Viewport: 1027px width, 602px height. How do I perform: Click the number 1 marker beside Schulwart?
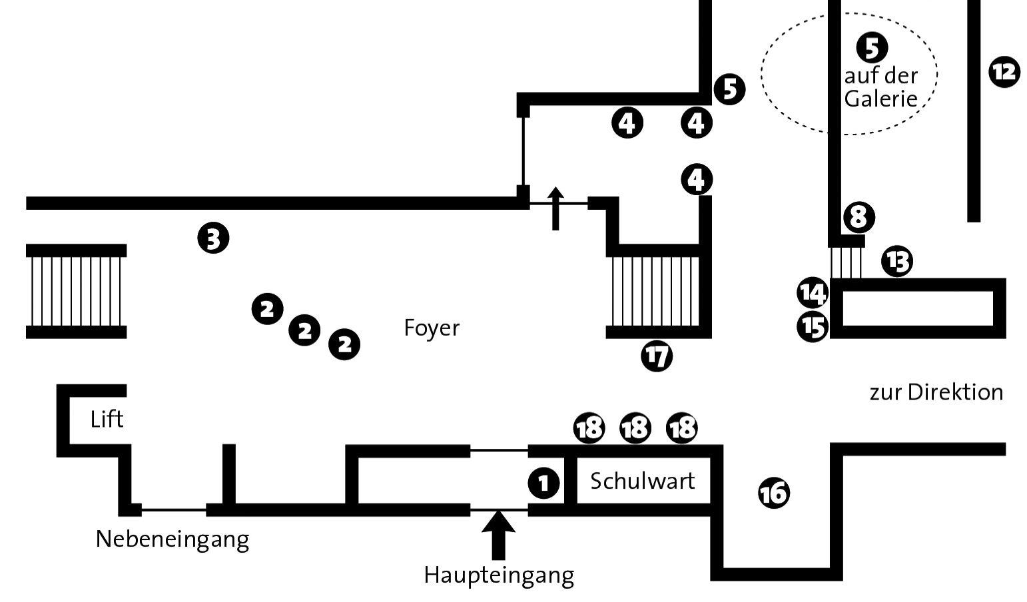pyautogui.click(x=543, y=483)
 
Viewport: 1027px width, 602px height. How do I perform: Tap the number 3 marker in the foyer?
pyautogui.click(x=213, y=238)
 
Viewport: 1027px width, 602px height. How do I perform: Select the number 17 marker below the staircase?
pyautogui.click(x=657, y=356)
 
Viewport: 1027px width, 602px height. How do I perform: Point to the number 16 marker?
pyautogui.click(x=774, y=493)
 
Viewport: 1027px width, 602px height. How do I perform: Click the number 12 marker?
pyautogui.click(x=1004, y=71)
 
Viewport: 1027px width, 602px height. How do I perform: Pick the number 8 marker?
pyautogui.click(x=858, y=216)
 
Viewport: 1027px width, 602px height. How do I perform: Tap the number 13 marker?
pyautogui.click(x=897, y=261)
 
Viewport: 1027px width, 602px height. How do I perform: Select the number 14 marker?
pyautogui.click(x=813, y=292)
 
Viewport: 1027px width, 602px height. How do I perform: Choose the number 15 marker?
pyautogui.click(x=813, y=326)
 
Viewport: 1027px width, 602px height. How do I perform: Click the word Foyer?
pyautogui.click(x=432, y=328)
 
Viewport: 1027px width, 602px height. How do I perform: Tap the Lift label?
pyautogui.click(x=107, y=420)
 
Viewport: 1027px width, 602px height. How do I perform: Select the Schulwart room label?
pyautogui.click(x=642, y=481)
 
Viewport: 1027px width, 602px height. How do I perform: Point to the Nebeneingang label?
pyautogui.click(x=172, y=538)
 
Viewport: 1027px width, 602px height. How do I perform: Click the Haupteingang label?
pyautogui.click(x=499, y=574)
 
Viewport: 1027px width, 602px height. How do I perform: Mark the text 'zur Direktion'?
pyautogui.click(x=936, y=392)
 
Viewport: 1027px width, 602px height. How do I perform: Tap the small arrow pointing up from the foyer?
pyautogui.click(x=555, y=208)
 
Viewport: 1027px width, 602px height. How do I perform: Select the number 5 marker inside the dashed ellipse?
pyautogui.click(x=872, y=47)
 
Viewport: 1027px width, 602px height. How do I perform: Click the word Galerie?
pyautogui.click(x=881, y=99)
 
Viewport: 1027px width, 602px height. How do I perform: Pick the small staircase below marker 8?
pyautogui.click(x=846, y=262)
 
